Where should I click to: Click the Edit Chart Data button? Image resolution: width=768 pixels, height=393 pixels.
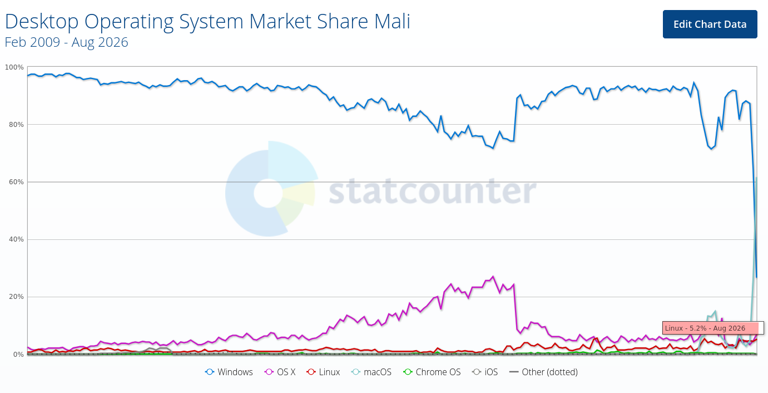tap(710, 24)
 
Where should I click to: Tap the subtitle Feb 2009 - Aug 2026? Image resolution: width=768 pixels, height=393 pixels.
tap(66, 42)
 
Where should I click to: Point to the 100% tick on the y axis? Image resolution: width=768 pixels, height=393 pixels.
tap(14, 67)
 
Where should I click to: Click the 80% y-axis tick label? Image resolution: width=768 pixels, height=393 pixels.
tap(16, 125)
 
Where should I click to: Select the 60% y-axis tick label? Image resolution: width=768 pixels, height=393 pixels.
tap(16, 182)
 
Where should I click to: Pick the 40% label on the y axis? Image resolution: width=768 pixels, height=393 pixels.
tap(16, 239)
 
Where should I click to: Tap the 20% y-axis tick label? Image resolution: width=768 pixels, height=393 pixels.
tap(16, 297)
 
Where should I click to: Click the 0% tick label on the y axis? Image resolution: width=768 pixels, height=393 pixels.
tap(18, 354)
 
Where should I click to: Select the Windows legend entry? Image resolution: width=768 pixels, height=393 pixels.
tap(229, 372)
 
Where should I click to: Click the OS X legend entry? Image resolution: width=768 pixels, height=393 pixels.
tap(280, 372)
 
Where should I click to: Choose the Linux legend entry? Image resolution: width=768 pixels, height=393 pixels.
tap(323, 372)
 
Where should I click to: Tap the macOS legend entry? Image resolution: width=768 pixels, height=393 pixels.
tap(371, 372)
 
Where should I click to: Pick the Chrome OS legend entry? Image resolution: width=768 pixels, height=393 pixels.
tap(432, 372)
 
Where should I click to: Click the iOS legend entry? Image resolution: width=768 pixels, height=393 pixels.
tap(485, 372)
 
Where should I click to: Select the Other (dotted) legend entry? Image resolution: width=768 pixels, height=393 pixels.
tap(543, 372)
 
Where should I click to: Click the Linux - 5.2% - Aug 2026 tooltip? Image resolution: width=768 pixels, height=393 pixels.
tap(713, 328)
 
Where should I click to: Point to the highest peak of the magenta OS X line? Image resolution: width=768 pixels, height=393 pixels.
tap(493, 276)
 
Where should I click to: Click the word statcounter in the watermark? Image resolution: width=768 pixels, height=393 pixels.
tap(433, 191)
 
